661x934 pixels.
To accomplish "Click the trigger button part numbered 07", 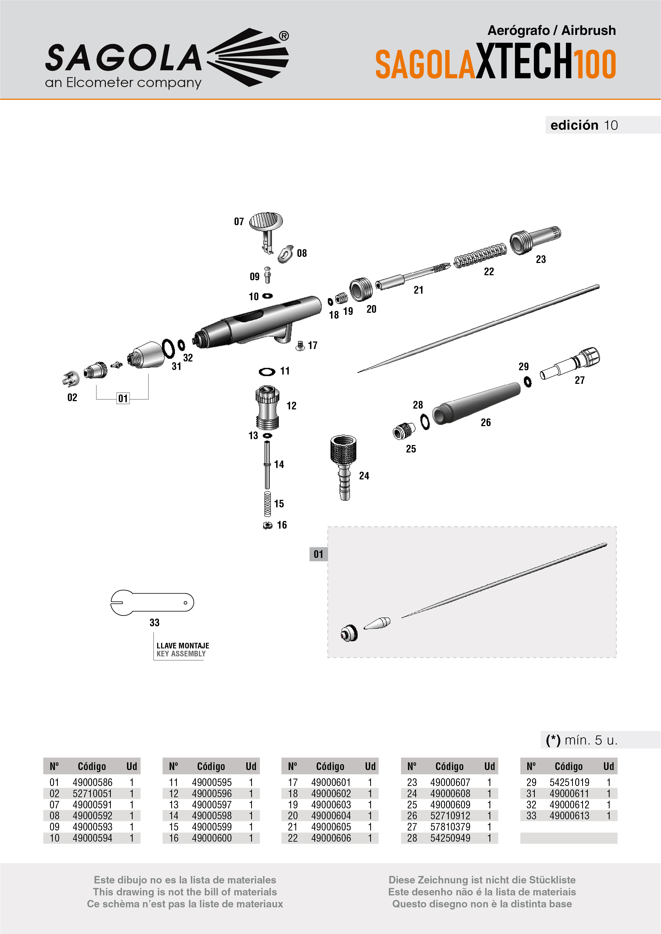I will [266, 222].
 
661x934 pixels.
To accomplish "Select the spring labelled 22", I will [480, 256].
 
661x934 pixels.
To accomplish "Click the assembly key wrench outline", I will [152, 602].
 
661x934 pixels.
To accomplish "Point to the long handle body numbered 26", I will [476, 403].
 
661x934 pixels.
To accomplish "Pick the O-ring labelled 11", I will [267, 371].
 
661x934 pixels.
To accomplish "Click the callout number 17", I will [313, 345].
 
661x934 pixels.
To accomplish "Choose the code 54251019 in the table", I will [569, 782].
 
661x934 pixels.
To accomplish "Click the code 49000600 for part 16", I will [212, 838].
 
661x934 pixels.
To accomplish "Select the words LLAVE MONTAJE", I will [183, 645].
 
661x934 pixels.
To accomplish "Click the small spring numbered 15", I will [267, 504].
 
